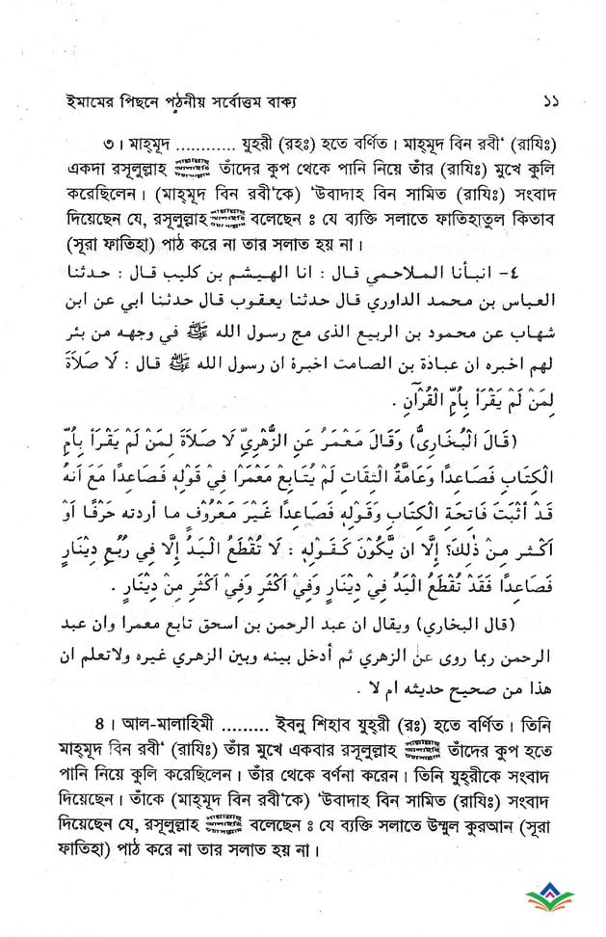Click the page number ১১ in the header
click(552, 100)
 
